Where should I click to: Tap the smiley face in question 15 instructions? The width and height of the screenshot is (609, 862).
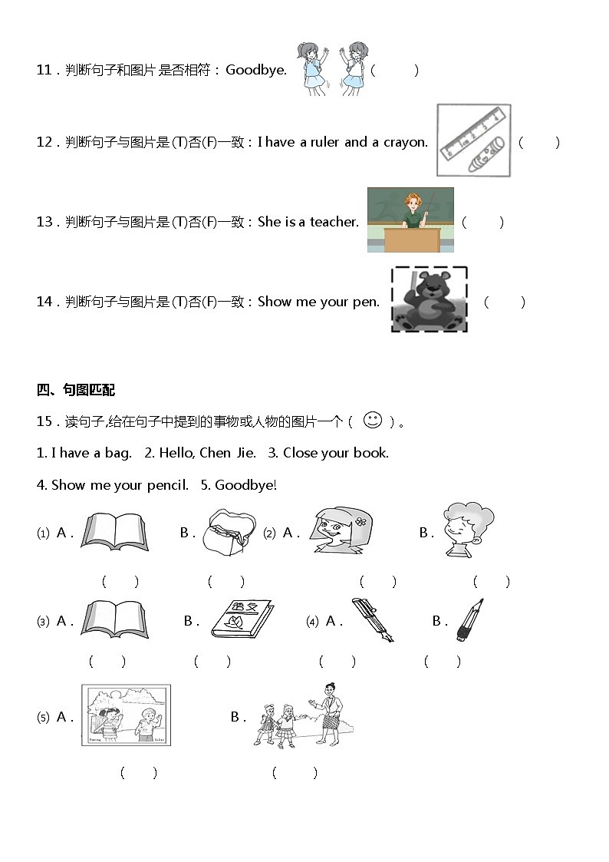[372, 420]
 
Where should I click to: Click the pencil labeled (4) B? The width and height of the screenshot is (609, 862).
[469, 620]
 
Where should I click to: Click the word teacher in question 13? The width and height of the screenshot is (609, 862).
[334, 222]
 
